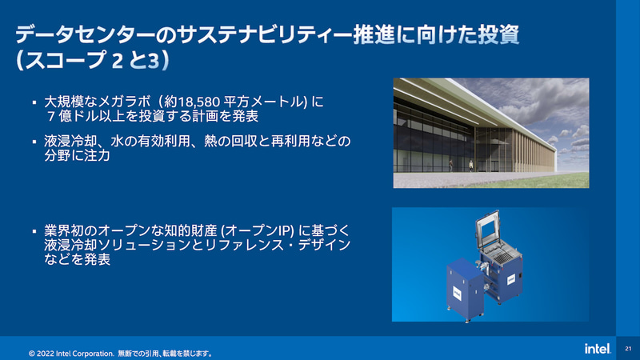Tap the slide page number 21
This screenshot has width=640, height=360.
628,349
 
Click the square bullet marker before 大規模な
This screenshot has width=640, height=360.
34,102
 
